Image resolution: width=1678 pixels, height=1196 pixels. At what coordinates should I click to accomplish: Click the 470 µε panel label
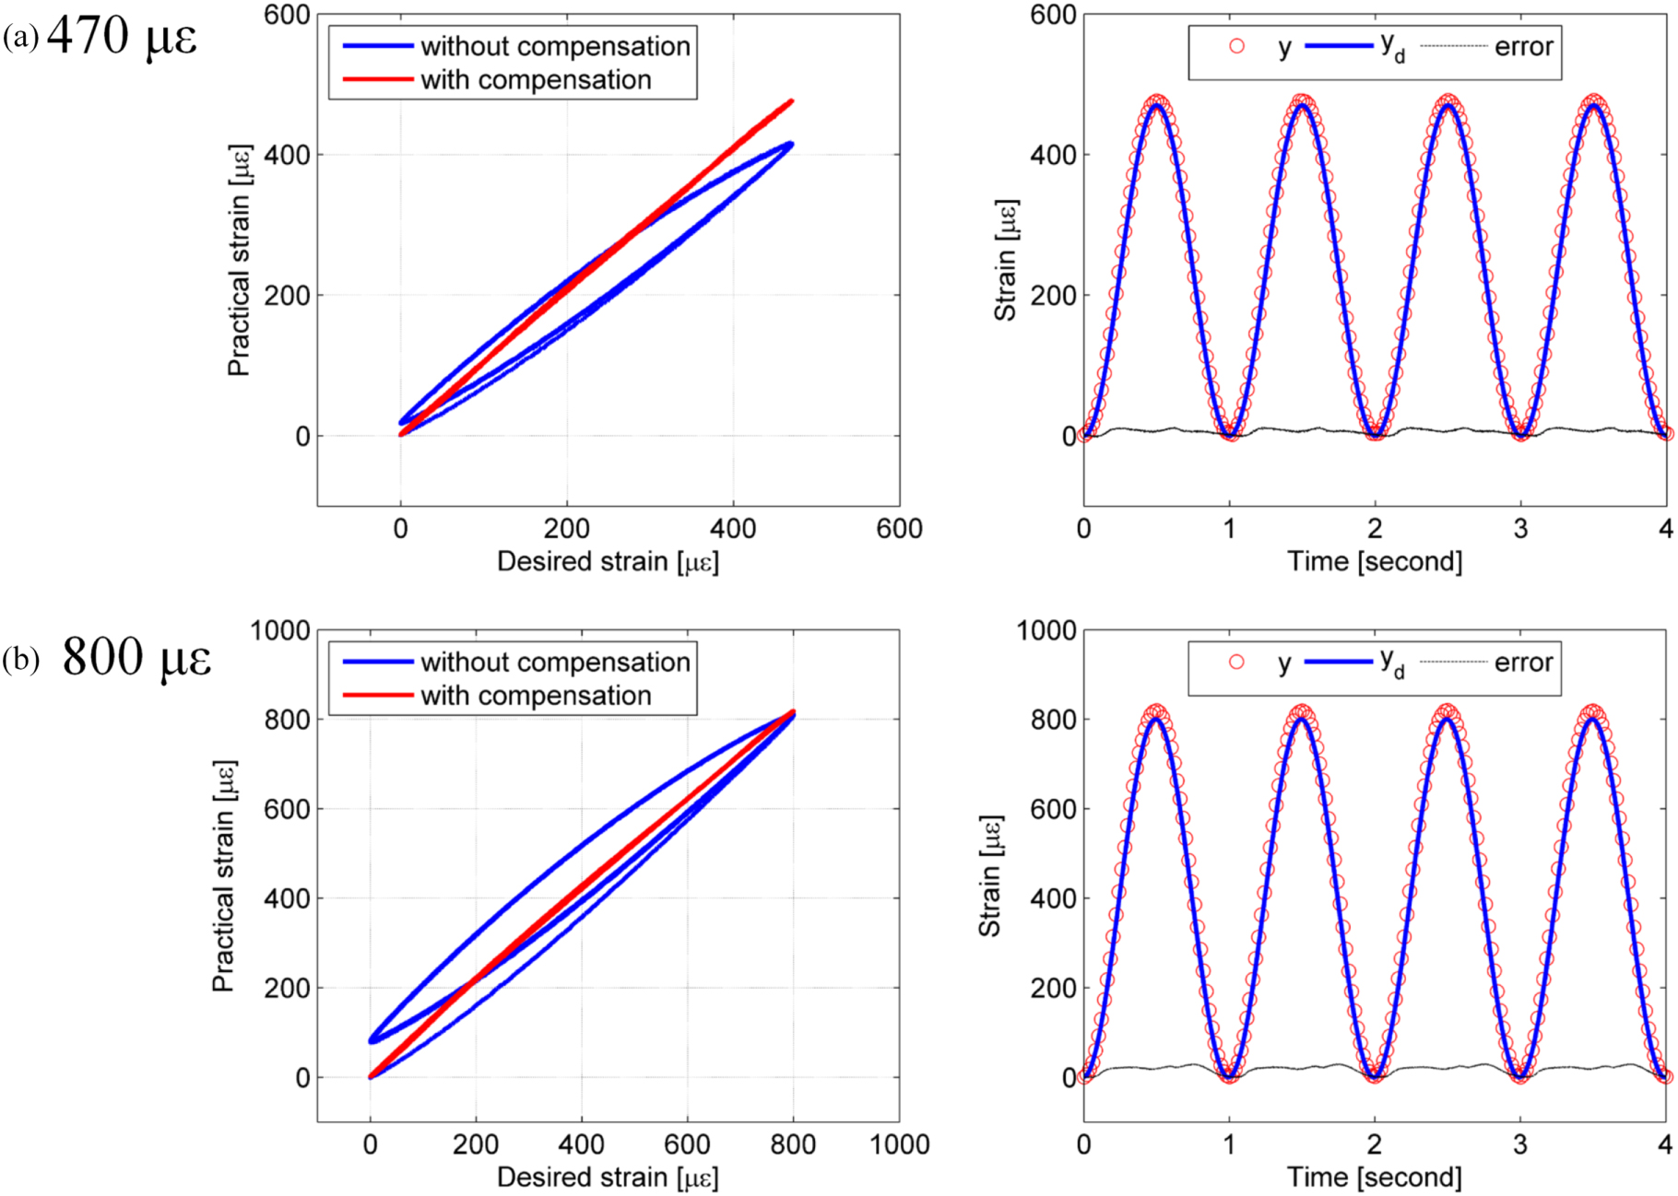click(x=121, y=37)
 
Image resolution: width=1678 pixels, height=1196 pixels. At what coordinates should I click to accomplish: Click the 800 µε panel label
click(x=136, y=657)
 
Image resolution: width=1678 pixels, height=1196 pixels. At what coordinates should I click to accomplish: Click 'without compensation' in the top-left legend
click(x=555, y=46)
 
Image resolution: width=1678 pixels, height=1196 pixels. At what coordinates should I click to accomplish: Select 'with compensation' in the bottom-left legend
click(x=536, y=696)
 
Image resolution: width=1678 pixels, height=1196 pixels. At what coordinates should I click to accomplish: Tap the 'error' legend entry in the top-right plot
click(x=1523, y=46)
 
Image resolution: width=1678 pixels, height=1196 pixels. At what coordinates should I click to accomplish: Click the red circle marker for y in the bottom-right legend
click(x=1236, y=662)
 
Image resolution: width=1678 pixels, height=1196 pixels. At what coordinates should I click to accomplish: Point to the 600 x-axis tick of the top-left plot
click(x=899, y=529)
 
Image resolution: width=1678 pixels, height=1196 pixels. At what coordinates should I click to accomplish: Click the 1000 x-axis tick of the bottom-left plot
click(x=899, y=1145)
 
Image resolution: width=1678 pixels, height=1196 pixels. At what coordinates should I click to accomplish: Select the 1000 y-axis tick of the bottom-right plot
click(x=1046, y=631)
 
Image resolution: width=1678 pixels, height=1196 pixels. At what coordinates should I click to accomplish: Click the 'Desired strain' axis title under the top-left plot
click(x=608, y=561)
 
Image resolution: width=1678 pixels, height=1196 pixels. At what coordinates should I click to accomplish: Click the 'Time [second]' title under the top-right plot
click(x=1374, y=561)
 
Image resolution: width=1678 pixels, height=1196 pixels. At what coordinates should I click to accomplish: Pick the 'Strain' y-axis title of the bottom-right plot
click(x=990, y=875)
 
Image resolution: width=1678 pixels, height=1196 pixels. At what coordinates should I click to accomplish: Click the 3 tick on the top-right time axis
click(x=1520, y=529)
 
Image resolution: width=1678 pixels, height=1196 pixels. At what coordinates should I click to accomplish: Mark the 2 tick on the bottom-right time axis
click(x=1375, y=1145)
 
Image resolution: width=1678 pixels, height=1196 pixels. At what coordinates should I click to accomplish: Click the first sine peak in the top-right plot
click(x=1157, y=103)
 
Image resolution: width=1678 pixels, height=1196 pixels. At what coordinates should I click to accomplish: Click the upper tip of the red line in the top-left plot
click(x=791, y=101)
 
